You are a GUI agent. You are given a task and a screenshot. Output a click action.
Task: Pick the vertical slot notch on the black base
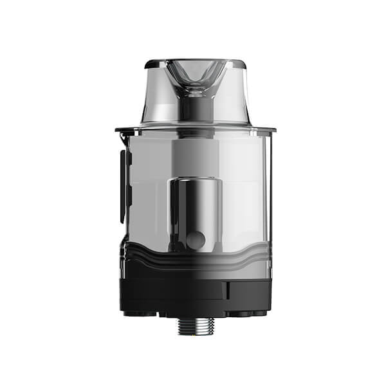225,289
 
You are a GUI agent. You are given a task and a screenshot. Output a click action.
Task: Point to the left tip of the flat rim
116,129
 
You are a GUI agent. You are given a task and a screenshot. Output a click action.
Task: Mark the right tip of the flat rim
275,129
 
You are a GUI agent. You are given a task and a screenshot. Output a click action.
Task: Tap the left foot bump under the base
139,314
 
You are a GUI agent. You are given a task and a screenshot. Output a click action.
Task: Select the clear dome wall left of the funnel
158,96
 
